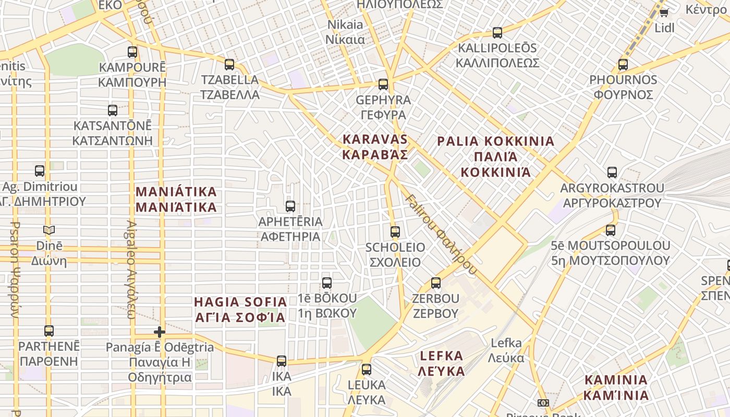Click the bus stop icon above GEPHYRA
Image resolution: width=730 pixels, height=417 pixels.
pos(383,84)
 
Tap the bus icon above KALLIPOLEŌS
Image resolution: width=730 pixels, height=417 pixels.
pos(497,33)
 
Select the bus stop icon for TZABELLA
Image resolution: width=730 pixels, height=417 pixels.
pos(229,65)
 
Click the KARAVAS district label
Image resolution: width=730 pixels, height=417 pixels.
pos(375,147)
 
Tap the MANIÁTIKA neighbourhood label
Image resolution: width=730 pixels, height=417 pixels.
pos(176,199)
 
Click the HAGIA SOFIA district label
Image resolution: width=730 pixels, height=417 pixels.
pos(240,310)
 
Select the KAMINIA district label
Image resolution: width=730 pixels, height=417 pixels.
pos(616,387)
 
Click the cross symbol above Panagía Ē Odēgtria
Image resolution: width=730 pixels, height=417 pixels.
pos(160,332)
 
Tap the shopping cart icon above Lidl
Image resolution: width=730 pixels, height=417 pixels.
pos(664,13)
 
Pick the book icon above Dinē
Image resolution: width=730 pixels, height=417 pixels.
pos(49,230)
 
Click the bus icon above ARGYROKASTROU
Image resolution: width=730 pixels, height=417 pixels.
pos(612,173)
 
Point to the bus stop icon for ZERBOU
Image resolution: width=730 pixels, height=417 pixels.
pos(436,284)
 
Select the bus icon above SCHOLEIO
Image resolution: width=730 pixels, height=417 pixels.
pos(395,232)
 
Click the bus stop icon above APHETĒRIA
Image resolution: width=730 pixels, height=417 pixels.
pos(290,206)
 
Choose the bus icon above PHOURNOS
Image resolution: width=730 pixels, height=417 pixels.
pos(623,65)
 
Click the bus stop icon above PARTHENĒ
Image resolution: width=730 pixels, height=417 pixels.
pos(49,331)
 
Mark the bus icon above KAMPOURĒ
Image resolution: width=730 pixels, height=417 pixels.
pos(132,52)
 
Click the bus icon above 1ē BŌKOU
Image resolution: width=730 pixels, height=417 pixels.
pos(327,283)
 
